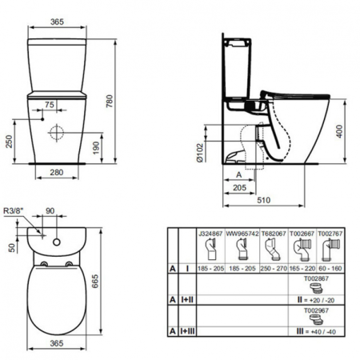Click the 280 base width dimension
tap(55, 172)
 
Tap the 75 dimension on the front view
tap(50, 105)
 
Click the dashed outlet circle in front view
tap(57, 133)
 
